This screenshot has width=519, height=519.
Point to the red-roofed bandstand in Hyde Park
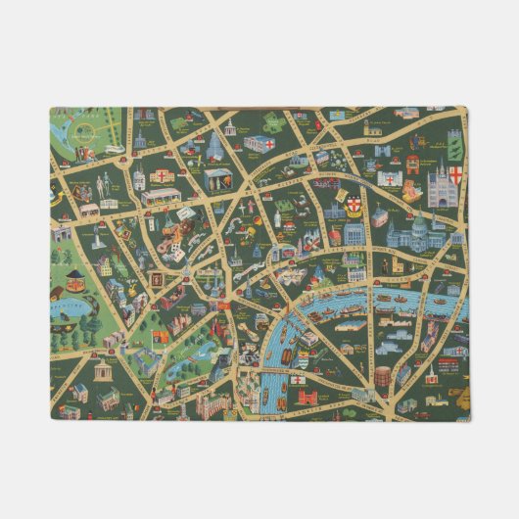[69, 259]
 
